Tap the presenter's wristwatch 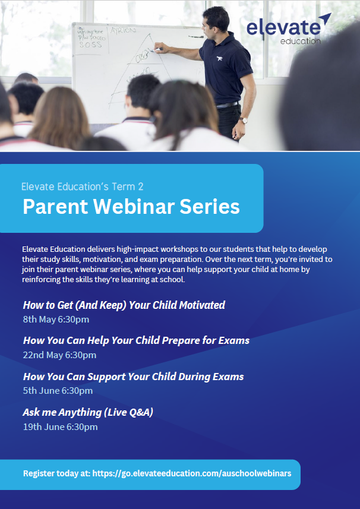(243, 121)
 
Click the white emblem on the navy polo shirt (219, 58)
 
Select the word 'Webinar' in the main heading (134, 207)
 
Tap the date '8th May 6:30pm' (56, 320)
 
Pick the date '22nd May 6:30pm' (59, 355)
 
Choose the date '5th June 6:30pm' (58, 391)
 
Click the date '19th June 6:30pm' (60, 426)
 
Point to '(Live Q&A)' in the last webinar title (128, 412)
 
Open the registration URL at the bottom (192, 473)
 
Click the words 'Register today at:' (57, 473)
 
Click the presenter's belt (228, 105)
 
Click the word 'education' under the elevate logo (300, 41)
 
